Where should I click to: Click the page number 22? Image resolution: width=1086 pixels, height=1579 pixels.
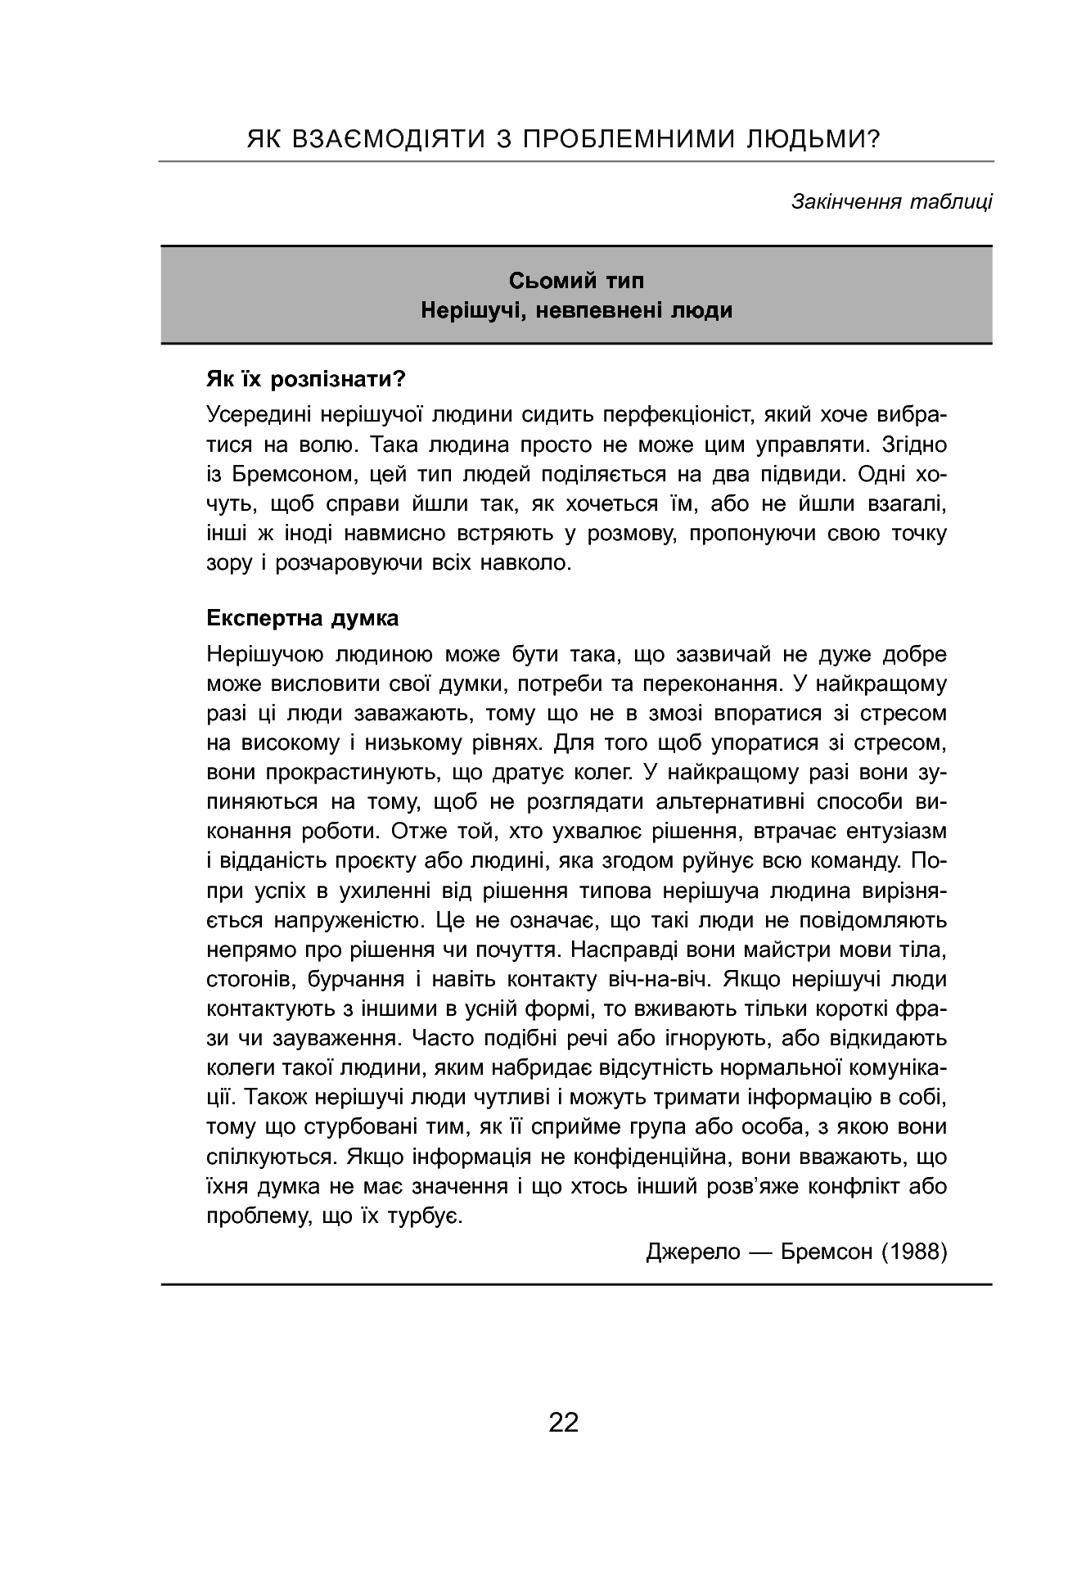(x=563, y=1422)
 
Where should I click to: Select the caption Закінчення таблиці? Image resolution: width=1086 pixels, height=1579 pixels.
(x=891, y=201)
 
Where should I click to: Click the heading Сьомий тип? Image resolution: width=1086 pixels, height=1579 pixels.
(x=576, y=281)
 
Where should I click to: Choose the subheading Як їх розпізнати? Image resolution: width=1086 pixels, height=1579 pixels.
(x=307, y=380)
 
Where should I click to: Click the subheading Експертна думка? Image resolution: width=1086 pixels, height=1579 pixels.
(x=303, y=618)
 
